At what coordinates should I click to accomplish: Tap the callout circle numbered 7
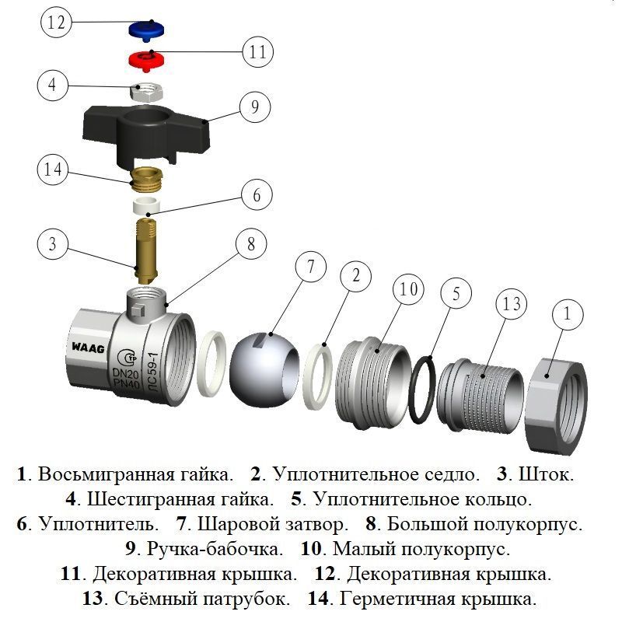pos(310,268)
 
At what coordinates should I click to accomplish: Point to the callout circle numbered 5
pos(456,294)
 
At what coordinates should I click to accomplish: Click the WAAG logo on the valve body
pos(89,344)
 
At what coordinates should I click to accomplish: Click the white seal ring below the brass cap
pos(146,207)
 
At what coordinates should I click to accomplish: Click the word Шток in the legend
pos(547,474)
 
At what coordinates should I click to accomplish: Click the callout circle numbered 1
pos(568,315)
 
